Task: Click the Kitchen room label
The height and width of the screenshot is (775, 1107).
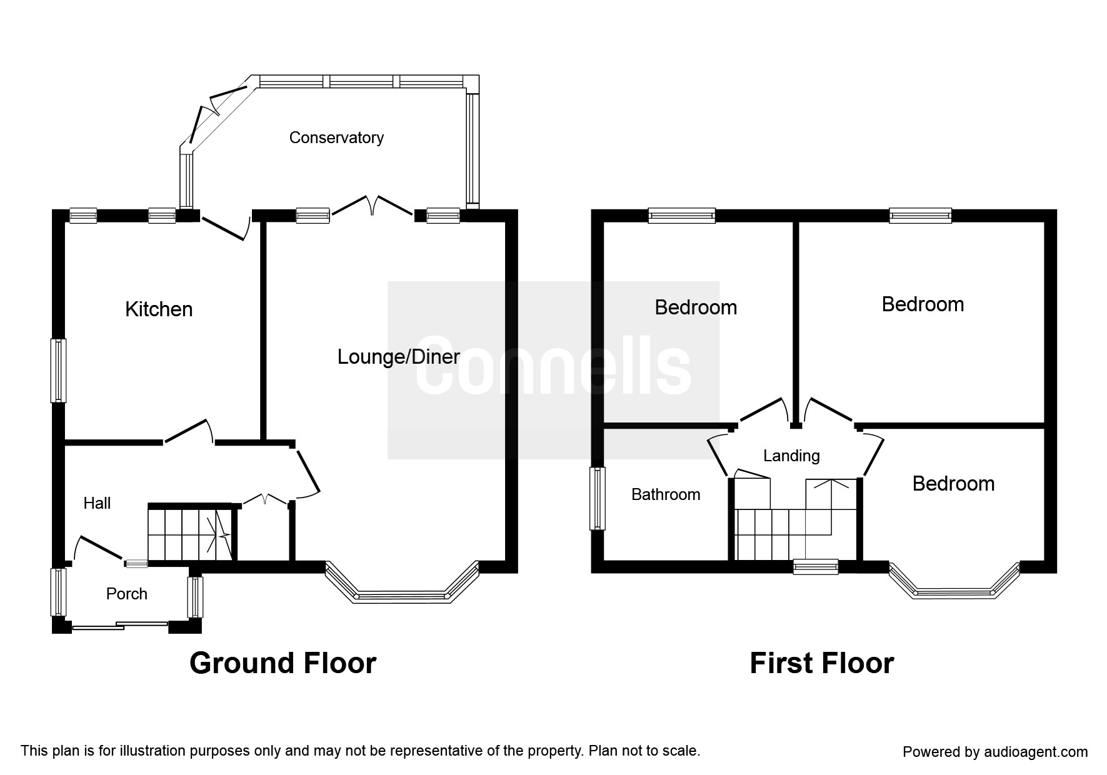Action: [159, 309]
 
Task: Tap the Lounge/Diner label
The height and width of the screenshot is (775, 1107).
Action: [399, 357]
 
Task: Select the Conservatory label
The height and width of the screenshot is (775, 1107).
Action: [336, 137]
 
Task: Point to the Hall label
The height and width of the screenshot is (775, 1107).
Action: [97, 503]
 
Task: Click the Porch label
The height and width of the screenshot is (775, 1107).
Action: [127, 594]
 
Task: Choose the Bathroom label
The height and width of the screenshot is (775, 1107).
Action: [666, 494]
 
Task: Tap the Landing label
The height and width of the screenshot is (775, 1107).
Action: [791, 456]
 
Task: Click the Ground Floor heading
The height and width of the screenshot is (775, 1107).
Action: [283, 663]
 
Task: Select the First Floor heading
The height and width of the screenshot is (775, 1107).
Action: [822, 663]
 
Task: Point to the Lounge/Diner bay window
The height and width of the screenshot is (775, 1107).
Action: [402, 582]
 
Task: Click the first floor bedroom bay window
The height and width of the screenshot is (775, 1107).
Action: [954, 581]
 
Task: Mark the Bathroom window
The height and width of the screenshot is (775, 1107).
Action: [598, 499]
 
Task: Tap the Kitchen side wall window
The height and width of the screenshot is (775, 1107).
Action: [59, 370]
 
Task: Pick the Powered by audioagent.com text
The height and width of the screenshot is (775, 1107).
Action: [995, 752]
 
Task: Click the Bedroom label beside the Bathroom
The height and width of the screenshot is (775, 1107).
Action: [953, 484]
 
